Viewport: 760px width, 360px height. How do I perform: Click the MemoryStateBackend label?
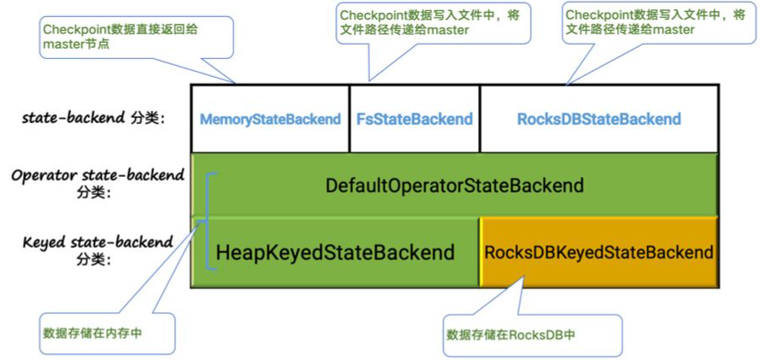(x=270, y=120)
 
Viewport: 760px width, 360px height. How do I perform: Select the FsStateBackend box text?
(x=415, y=120)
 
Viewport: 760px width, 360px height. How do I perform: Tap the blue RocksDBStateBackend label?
(x=599, y=120)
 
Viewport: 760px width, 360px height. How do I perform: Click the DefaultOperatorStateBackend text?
(x=454, y=186)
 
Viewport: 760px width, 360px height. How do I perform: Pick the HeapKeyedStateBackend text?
(x=335, y=253)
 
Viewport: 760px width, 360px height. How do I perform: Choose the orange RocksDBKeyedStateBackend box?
(x=598, y=252)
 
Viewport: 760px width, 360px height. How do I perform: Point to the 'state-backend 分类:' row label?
(x=92, y=118)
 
